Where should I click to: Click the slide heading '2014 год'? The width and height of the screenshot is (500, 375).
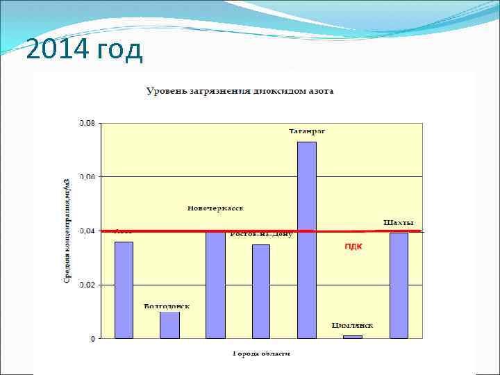coord(83,50)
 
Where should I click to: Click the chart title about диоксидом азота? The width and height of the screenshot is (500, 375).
coord(240,91)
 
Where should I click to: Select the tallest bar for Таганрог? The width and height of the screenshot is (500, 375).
coord(307,240)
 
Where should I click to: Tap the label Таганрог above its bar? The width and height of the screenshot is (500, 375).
coord(308,131)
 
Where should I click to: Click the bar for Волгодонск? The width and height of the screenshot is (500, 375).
coord(169,325)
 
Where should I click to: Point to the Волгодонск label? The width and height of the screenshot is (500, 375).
coord(167,306)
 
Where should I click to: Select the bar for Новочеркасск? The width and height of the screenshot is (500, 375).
coord(215,285)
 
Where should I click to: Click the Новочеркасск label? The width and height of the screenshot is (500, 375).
coord(216,208)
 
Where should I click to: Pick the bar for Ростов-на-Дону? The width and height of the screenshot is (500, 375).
coord(261,291)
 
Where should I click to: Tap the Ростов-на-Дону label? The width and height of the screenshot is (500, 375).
coord(262,235)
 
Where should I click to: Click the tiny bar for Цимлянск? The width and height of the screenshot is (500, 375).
coord(353,337)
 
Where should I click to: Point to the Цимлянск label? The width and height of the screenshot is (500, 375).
coord(353,325)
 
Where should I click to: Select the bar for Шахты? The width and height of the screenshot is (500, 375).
coord(399,285)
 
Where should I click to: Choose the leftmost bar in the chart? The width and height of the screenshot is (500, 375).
coord(124,290)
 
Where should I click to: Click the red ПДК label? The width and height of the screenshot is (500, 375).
coord(353,247)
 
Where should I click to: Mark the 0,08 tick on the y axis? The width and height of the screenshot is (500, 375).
coord(87,124)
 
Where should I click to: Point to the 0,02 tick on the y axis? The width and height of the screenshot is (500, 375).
coord(87,285)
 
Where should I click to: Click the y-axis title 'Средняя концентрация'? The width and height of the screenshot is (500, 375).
coord(67,229)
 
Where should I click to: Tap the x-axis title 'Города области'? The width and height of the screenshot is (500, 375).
coord(261,353)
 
